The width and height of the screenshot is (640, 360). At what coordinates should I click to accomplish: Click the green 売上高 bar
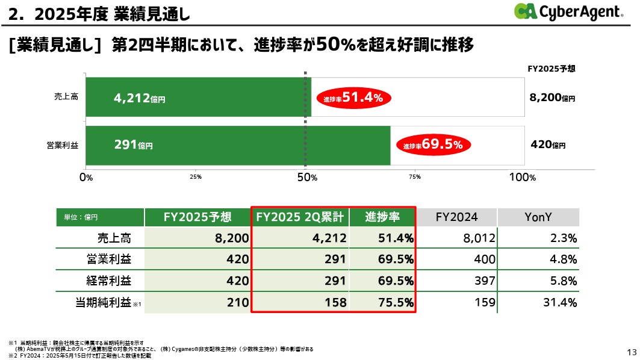(x=198, y=97)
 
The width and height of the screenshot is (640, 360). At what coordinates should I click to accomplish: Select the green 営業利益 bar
(x=238, y=145)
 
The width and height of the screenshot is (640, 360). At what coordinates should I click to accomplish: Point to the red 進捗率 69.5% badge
(x=433, y=145)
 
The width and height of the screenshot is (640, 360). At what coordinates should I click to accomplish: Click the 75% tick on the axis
(x=414, y=178)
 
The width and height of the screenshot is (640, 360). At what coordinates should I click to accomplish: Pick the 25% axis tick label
(x=195, y=178)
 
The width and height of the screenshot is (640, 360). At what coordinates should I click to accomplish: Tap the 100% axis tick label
(x=523, y=177)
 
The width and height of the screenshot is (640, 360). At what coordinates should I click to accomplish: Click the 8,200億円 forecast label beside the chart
(x=551, y=97)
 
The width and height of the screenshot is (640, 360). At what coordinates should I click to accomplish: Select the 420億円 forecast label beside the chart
(x=548, y=145)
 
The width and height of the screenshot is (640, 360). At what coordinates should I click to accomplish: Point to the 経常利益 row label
(x=108, y=281)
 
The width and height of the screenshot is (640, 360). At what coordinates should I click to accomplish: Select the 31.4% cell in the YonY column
(x=561, y=303)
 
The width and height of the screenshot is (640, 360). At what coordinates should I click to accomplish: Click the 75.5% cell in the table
(x=396, y=303)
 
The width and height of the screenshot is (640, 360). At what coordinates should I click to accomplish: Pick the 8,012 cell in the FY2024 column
(x=479, y=238)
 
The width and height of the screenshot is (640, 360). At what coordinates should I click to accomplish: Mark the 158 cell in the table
(x=335, y=303)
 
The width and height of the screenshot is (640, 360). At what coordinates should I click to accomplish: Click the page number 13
(x=631, y=352)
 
